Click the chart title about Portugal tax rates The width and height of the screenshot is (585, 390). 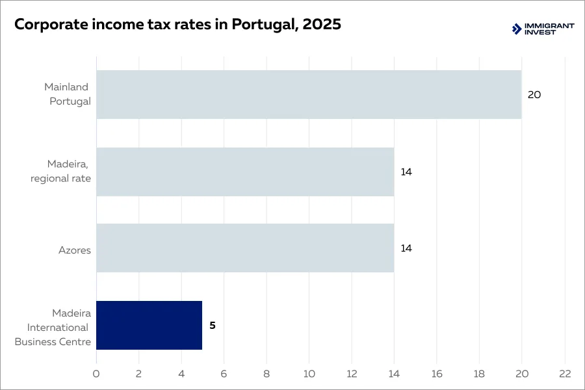point(177,25)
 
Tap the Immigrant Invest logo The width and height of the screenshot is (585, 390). point(543,29)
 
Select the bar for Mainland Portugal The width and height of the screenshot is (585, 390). point(309,94)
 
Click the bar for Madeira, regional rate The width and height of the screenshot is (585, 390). point(245,172)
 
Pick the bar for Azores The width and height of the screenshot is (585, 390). point(245,248)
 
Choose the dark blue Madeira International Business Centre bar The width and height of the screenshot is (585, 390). point(149,325)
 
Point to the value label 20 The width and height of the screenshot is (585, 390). point(534,95)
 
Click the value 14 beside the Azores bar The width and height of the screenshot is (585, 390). point(406,248)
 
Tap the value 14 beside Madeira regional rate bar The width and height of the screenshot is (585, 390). point(406,172)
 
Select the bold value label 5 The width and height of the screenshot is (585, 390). point(212,326)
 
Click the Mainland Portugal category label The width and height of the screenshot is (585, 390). point(68,94)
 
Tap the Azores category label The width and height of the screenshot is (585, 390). point(75,250)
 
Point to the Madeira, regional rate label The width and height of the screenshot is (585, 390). point(61,172)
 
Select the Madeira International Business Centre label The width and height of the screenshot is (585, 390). point(53,328)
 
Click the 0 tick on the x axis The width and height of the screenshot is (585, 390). point(96,374)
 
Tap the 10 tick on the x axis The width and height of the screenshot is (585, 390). point(309,374)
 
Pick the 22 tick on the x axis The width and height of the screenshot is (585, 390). point(564,374)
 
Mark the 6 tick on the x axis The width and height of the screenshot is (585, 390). point(224,374)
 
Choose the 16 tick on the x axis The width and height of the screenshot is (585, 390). point(437,374)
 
